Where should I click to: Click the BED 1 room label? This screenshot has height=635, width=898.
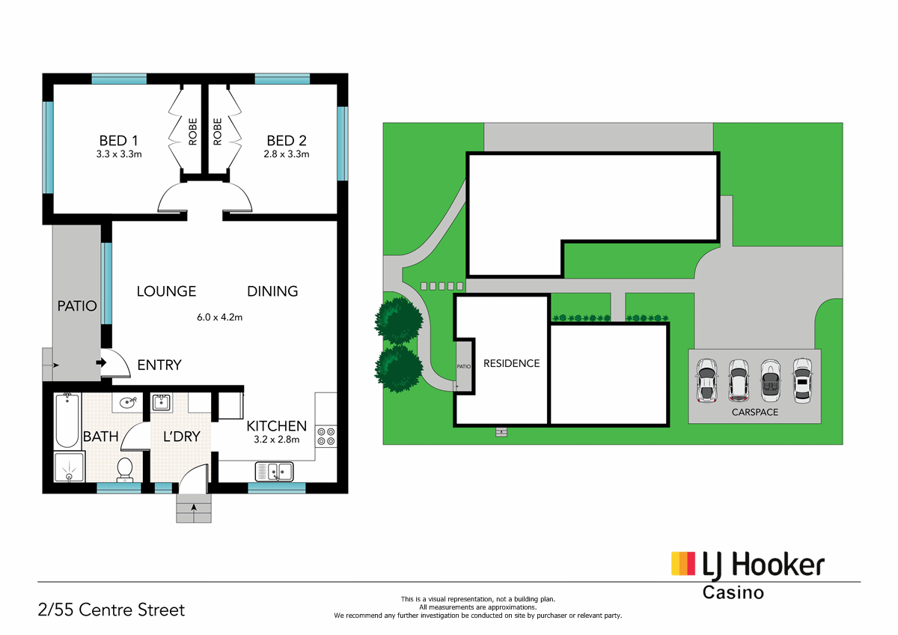[x=120, y=140]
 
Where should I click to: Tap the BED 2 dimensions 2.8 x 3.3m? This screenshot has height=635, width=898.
[x=287, y=154]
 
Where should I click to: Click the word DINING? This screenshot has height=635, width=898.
[x=272, y=291]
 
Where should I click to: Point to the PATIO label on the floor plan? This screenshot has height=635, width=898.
[x=77, y=306]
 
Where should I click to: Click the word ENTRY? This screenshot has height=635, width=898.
[x=159, y=365]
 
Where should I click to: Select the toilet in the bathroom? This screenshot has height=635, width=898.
[x=125, y=468]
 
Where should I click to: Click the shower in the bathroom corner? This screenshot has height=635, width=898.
[x=70, y=468]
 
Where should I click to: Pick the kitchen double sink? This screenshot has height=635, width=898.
[x=275, y=472]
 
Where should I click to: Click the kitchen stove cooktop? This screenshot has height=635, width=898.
[x=326, y=436]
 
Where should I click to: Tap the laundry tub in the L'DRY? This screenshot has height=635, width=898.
[x=162, y=403]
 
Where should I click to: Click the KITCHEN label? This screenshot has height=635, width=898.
[x=276, y=426]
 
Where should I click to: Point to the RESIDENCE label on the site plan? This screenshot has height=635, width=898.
[x=511, y=364]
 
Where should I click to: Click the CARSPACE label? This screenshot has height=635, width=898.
[x=754, y=412]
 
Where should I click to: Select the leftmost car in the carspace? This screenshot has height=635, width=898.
[x=706, y=380]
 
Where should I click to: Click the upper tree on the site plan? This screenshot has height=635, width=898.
[x=399, y=320]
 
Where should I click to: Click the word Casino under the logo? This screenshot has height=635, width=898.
[x=733, y=592]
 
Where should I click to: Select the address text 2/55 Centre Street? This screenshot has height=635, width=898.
[x=112, y=610]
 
